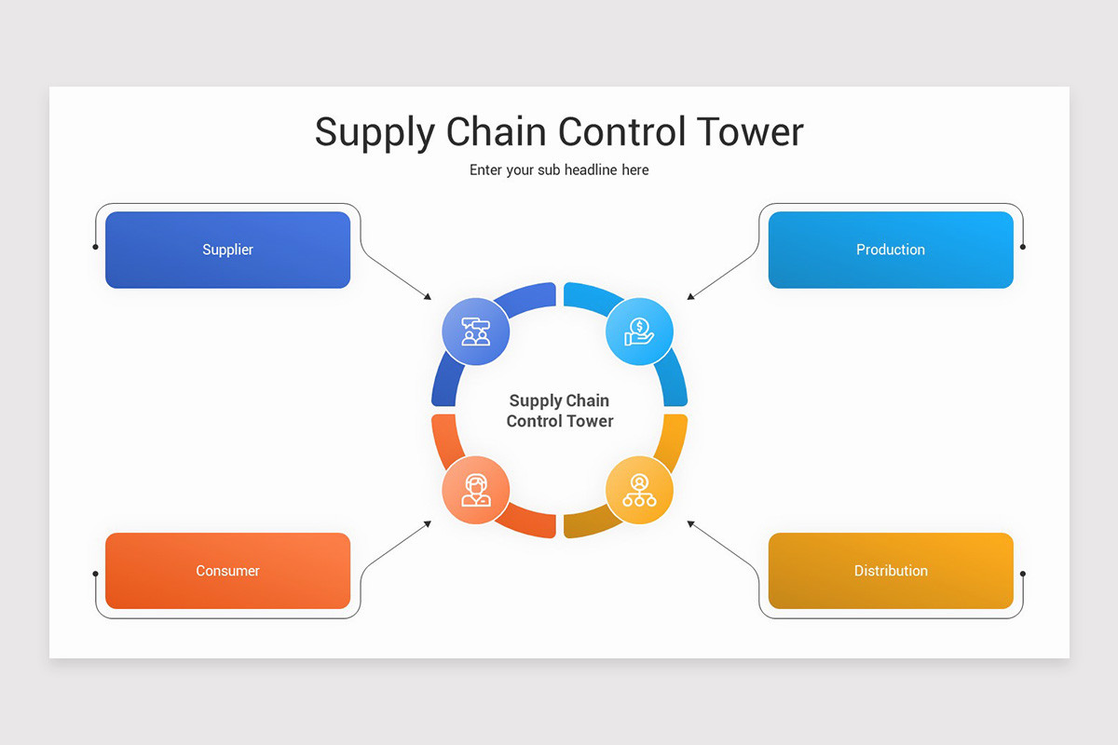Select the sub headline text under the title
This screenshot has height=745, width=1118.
click(559, 170)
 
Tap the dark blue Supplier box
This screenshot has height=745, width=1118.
click(227, 250)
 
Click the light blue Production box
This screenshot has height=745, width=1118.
click(890, 250)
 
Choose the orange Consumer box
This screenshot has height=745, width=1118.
click(227, 571)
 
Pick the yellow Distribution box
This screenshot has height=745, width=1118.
click(890, 571)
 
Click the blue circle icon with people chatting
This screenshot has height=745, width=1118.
click(476, 331)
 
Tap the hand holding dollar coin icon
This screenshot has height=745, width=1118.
click(639, 331)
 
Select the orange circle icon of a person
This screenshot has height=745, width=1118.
click(476, 490)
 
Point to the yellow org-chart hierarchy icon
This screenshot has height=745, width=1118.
click(639, 490)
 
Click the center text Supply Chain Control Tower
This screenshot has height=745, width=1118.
click(560, 411)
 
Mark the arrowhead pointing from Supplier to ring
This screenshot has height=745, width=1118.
click(429, 297)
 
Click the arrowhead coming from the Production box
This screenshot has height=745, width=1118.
click(690, 297)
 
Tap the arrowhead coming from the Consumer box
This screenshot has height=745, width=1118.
click(429, 523)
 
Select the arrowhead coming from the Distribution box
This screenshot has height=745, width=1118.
click(690, 523)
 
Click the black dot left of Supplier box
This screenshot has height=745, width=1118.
click(96, 247)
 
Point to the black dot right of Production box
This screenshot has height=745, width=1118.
click(1023, 247)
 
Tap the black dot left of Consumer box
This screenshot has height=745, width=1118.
click(96, 574)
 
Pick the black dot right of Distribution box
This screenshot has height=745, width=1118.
click(1023, 574)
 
